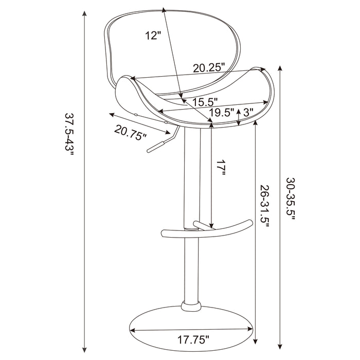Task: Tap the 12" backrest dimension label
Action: pos(153,35)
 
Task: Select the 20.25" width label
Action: pos(210,68)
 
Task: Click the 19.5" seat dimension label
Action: pos(222,112)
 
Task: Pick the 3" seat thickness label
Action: pos(248,112)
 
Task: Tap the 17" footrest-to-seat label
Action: pos(221,168)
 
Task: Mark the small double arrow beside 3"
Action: pos(238,116)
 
